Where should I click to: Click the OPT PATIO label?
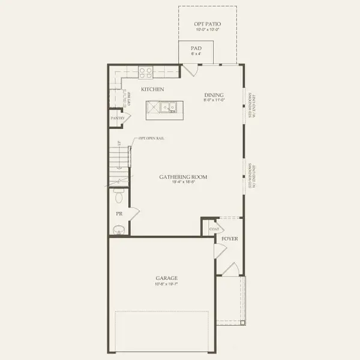point(208,23)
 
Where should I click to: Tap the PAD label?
point(196,48)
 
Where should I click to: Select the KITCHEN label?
point(152,89)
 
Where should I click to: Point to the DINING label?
point(214,94)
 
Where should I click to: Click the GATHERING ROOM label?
point(183,177)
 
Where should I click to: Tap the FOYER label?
point(230,239)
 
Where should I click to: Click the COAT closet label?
point(213,229)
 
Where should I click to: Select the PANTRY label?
point(117,119)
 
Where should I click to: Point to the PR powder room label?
point(118,214)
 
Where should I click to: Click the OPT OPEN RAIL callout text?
point(151,139)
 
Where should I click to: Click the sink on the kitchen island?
point(172,108)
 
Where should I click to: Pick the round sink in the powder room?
point(118,229)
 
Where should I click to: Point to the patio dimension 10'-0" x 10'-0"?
point(208,30)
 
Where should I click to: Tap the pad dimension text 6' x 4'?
point(196,54)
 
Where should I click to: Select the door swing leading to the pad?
point(191,69)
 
